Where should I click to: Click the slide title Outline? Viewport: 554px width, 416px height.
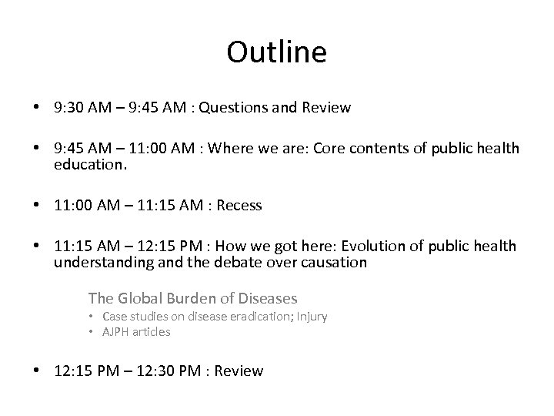tap(277, 52)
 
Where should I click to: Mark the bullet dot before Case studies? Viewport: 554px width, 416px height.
tap(91, 317)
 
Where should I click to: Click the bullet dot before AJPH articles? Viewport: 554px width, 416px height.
tap(91, 332)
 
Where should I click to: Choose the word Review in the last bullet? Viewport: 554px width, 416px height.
tap(239, 371)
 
